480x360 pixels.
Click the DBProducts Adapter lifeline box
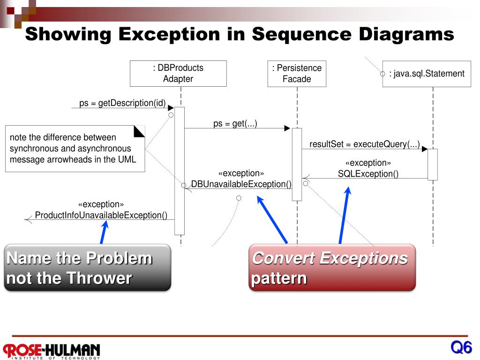pyautogui.click(x=178, y=74)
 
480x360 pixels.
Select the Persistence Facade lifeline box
pyautogui.click(x=297, y=74)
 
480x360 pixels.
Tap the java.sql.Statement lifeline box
pyautogui.click(x=427, y=74)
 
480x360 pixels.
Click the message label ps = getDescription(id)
pyautogui.click(x=122, y=103)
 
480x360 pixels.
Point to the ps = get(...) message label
pyautogui.click(x=235, y=124)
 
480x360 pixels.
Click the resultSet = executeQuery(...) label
pyautogui.click(x=364, y=144)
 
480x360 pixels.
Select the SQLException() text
pyautogui.click(x=368, y=174)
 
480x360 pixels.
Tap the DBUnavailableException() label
pyautogui.click(x=241, y=184)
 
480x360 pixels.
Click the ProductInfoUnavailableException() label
pyautogui.click(x=101, y=216)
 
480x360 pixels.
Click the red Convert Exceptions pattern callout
pyautogui.click(x=332, y=268)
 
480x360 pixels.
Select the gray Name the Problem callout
pyautogui.click(x=88, y=268)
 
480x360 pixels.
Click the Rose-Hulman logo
pyautogui.click(x=52, y=350)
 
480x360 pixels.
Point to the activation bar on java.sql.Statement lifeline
pyautogui.click(x=432, y=165)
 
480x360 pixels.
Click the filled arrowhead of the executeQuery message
pyautogui.click(x=424, y=149)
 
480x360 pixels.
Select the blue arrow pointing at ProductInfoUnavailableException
pyautogui.click(x=104, y=232)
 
